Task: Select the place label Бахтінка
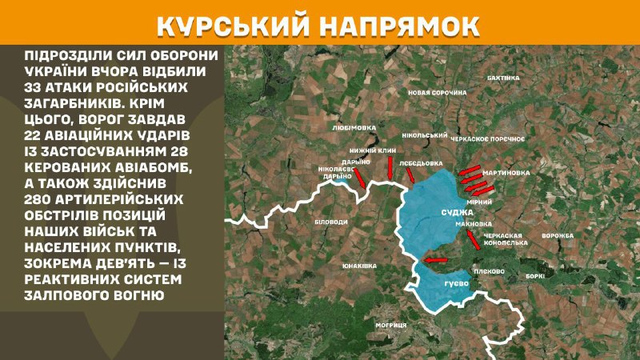click(x=503, y=78)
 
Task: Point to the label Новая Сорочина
click(x=437, y=93)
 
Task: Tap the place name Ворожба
click(x=558, y=235)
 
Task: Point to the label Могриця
click(x=391, y=324)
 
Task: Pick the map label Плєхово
click(x=489, y=271)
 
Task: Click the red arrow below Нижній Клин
click(x=389, y=168)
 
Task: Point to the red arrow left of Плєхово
click(x=436, y=260)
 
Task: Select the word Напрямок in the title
click(x=407, y=26)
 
